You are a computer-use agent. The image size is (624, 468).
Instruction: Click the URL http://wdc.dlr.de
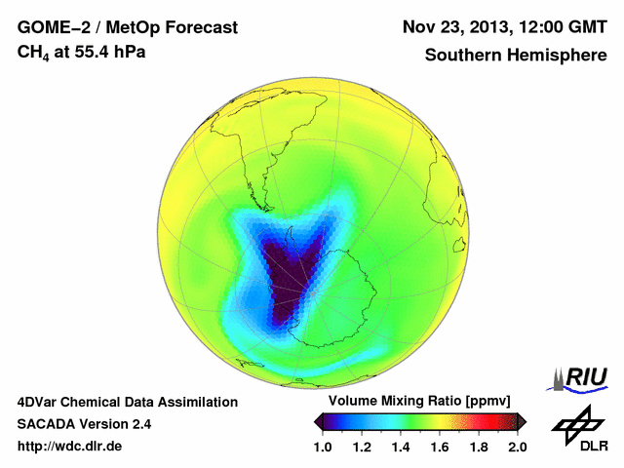pos(70,447)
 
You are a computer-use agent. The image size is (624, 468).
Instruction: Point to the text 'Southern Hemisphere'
pos(514,55)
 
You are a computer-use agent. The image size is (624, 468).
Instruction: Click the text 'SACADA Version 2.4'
pos(85,424)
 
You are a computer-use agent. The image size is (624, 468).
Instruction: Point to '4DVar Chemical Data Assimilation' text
pos(128,402)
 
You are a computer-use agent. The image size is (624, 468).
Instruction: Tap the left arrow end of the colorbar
pos(318,421)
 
